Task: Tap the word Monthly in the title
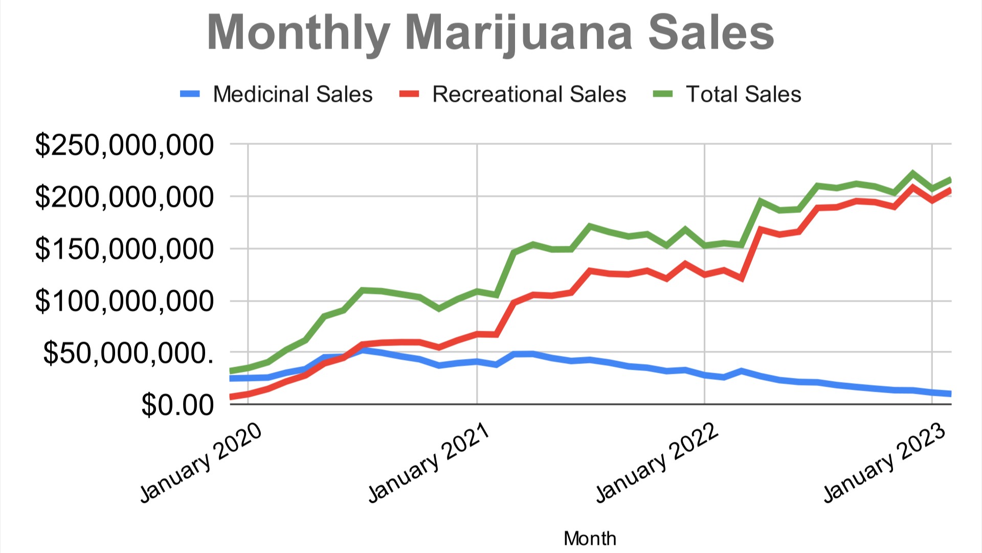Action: click(x=299, y=33)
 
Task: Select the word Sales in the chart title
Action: click(x=711, y=33)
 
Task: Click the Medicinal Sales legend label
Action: click(x=293, y=94)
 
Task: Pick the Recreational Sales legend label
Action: click(x=529, y=94)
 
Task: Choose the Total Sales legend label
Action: click(x=743, y=94)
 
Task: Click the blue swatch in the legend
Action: click(x=190, y=94)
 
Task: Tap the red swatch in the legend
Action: click(x=409, y=94)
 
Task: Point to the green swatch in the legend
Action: click(x=663, y=94)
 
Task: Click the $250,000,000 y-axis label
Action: click(x=124, y=145)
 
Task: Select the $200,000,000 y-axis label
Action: click(x=124, y=197)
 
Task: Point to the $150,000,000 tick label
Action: click(x=124, y=249)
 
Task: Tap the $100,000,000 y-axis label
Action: click(x=124, y=301)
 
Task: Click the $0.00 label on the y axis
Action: click(x=177, y=405)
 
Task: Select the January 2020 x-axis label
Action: click(x=201, y=463)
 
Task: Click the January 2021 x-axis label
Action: click(x=429, y=463)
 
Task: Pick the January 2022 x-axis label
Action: click(x=657, y=463)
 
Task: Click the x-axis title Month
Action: click(x=590, y=539)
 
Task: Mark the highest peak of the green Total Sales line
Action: click(x=913, y=174)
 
